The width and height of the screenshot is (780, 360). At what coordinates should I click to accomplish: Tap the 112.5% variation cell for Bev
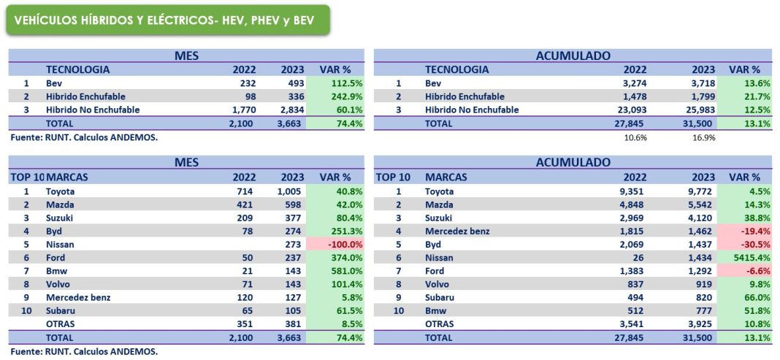336,83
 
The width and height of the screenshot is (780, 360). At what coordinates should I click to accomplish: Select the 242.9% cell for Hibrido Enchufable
336,96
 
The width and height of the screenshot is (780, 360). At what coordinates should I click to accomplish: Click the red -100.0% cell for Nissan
336,245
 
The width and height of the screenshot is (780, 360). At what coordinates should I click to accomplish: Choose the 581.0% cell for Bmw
336,271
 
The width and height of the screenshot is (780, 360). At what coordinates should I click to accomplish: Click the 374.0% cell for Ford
336,258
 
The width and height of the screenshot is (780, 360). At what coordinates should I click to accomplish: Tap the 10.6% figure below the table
635,137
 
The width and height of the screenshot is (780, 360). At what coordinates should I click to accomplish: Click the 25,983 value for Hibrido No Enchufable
697,110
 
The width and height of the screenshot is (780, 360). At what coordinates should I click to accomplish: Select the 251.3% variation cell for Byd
336,231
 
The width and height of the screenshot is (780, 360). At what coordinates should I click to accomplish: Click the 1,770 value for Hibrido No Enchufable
242,110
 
